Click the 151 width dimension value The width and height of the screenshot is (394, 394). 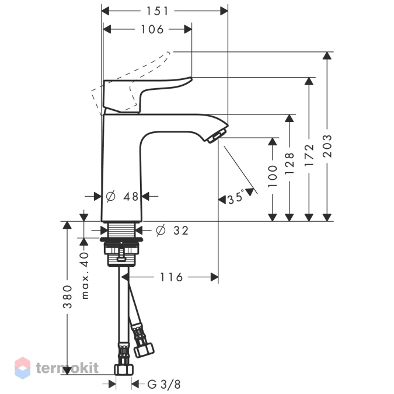[x=157, y=11]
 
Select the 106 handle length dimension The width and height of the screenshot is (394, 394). [x=152, y=29]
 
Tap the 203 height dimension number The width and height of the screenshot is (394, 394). [x=327, y=146]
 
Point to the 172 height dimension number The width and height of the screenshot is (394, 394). [x=309, y=155]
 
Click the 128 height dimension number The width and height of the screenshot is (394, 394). [x=290, y=163]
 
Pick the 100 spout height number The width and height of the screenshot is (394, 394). [x=273, y=176]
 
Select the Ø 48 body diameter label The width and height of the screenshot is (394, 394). [x=122, y=196]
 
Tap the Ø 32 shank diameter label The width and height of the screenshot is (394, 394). [x=172, y=231]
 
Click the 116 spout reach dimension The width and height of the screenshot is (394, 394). [x=171, y=277]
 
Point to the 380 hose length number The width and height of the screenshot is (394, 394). [x=67, y=297]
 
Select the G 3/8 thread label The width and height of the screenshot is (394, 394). [x=164, y=384]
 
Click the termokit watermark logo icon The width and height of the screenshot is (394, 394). [x=23, y=368]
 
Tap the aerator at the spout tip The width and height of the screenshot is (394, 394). [x=215, y=135]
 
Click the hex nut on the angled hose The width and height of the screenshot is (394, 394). [x=144, y=350]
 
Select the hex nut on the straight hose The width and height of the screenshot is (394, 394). [x=124, y=369]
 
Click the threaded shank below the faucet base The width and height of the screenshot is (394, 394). [x=122, y=229]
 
